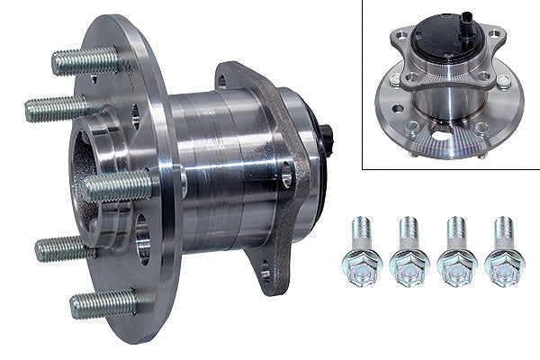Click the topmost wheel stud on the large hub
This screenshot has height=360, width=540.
tap(85, 60)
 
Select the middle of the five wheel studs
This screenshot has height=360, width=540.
tap(119, 185)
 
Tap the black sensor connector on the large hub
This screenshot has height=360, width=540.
tap(328, 139)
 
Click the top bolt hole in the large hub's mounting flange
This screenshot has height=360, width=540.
tap(221, 82)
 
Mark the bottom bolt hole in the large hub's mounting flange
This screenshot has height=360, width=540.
tap(265, 274)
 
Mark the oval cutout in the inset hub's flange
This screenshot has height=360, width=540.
tap(442, 134)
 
